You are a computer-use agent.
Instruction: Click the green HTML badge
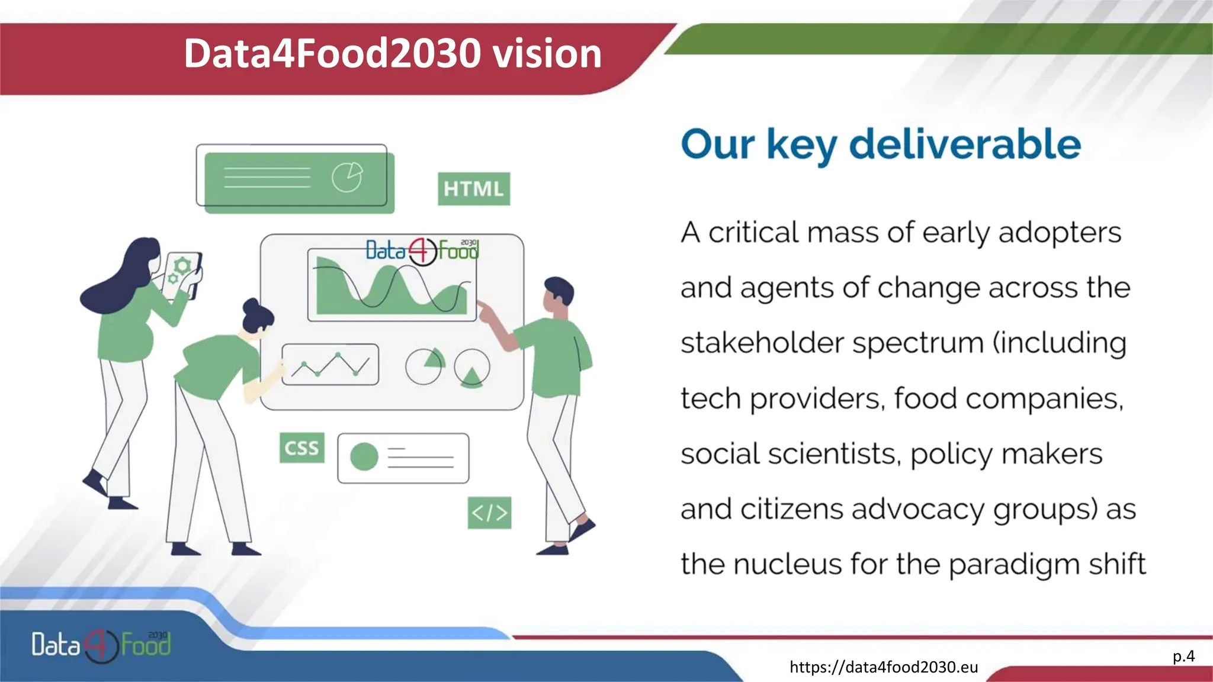473,189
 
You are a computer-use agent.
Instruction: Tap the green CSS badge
301,448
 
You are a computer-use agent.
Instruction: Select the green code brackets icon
489,513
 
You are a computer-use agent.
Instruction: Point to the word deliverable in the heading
965,144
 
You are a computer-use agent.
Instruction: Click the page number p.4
1183,656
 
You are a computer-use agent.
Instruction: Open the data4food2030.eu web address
884,667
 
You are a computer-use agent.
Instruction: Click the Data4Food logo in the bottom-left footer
101,645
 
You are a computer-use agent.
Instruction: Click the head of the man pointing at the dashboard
558,294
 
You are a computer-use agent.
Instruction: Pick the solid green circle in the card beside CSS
364,457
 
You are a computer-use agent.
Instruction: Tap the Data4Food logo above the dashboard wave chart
422,251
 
